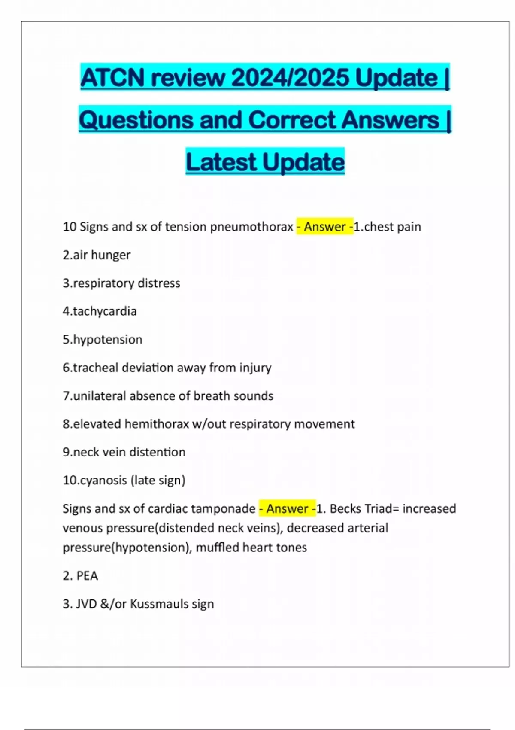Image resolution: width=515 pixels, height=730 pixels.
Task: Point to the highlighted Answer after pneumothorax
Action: click(325, 226)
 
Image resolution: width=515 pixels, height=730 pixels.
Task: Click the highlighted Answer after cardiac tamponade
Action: click(287, 508)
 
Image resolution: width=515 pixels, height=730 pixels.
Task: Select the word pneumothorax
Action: click(251, 226)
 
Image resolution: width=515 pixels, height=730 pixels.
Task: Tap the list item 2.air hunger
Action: click(97, 255)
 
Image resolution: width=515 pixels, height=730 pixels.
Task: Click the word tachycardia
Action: click(105, 311)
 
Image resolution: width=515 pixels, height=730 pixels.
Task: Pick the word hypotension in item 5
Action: click(108, 339)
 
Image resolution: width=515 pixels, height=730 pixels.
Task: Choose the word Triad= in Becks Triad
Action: click(382, 508)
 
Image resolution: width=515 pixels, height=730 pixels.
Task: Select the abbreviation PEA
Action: click(87, 575)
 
